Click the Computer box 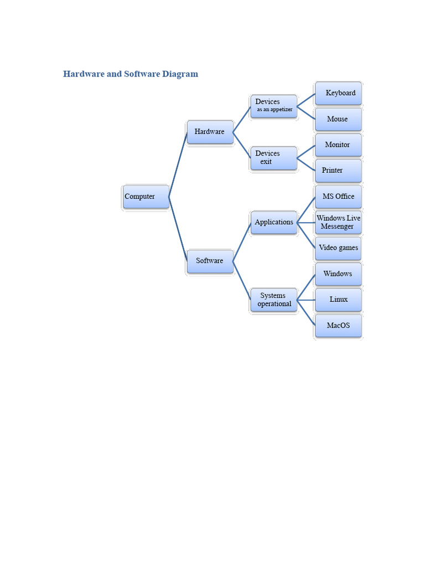tap(146, 197)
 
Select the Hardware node tap(210, 132)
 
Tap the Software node tap(210, 261)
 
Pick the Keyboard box tap(338, 93)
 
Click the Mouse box tap(338, 119)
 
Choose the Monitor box tap(338, 145)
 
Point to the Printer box tap(338, 171)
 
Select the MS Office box tap(338, 197)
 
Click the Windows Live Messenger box tap(338, 223)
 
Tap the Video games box tap(338, 249)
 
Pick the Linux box tap(338, 300)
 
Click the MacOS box tap(338, 326)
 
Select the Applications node tap(274, 223)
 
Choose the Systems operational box tap(274, 300)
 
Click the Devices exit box tap(274, 158)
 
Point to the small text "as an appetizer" tap(274, 110)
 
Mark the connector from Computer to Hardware tap(178, 164)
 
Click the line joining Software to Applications tap(242, 242)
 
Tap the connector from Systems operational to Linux tap(306, 300)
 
